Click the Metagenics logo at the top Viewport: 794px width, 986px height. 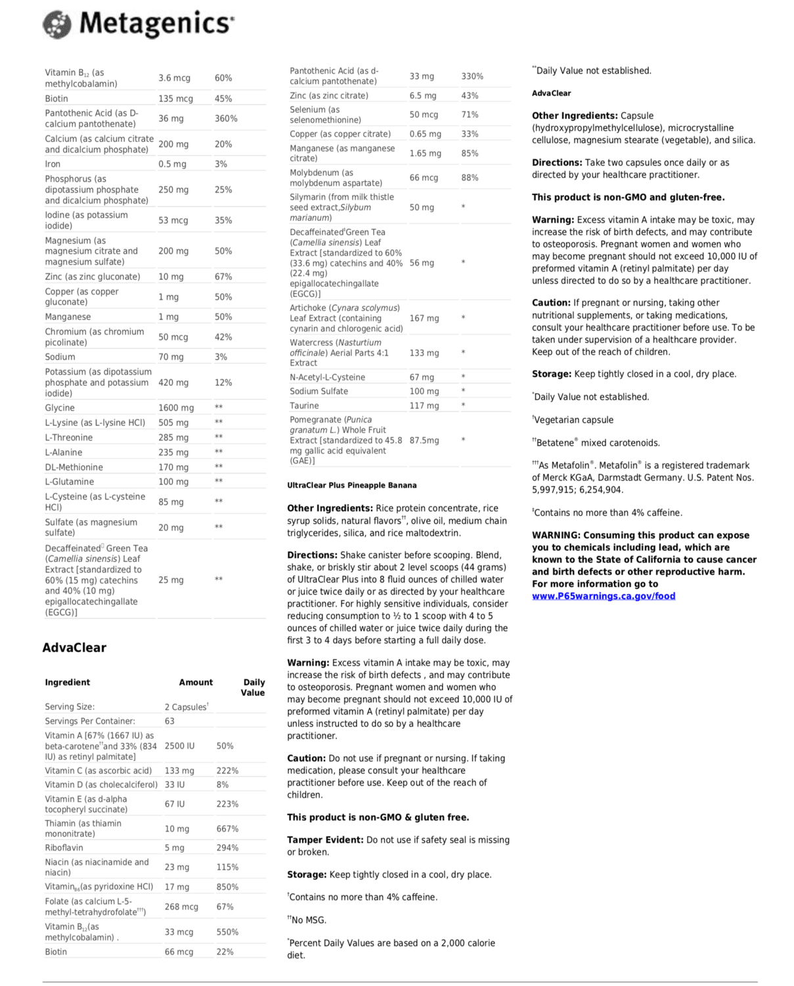pos(138,24)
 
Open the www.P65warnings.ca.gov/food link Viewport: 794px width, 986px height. pos(603,596)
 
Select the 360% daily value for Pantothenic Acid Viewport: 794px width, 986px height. pos(226,119)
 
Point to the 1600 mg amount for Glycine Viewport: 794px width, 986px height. pos(175,408)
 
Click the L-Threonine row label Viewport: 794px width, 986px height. pos(69,438)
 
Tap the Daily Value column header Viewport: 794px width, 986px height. pos(253,688)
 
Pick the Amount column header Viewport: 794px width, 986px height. pos(196,683)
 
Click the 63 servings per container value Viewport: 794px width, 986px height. pos(169,721)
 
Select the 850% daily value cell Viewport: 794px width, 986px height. pos(227,887)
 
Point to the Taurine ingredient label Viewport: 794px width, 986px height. pos(304,406)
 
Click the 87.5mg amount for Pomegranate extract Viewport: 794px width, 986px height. pos(424,440)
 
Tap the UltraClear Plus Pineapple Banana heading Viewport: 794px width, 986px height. pos(351,486)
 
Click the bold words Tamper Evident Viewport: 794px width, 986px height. pos(324,840)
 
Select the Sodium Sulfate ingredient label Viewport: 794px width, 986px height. pos(319,392)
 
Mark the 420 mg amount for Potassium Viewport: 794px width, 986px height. pos(173,383)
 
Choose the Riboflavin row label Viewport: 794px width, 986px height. pos(64,848)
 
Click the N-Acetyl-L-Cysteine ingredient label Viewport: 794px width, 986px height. pos(327,377)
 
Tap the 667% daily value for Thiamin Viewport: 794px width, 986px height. pos(227,829)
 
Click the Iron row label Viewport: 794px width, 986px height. pos(53,164)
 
